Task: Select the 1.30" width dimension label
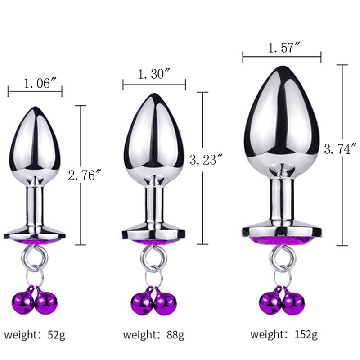[154, 74]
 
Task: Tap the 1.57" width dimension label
[284, 48]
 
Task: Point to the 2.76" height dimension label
[85, 175]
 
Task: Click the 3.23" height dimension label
[207, 160]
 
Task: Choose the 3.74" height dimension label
[341, 149]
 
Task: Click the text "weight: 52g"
[35, 334]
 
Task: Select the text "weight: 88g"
[153, 334]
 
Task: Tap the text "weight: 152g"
[284, 334]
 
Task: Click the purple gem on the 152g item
[282, 241]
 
